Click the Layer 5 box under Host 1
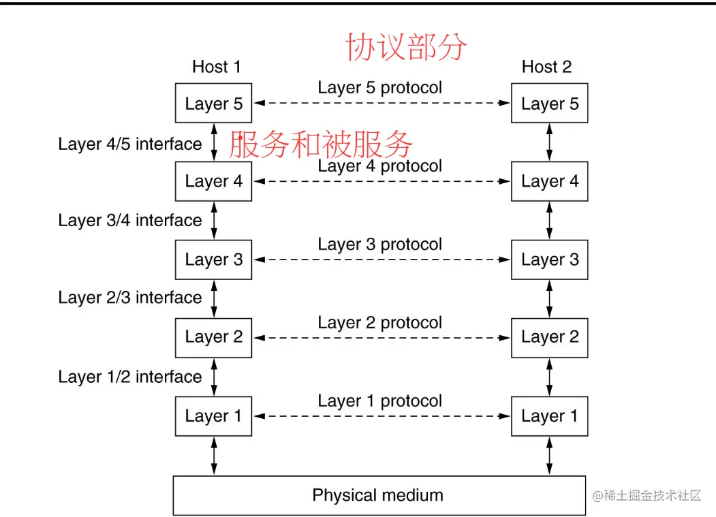pyautogui.click(x=213, y=104)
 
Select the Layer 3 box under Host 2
pyautogui.click(x=549, y=260)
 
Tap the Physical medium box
pyautogui.click(x=379, y=495)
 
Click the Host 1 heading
pyautogui.click(x=217, y=67)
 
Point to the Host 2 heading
pyautogui.click(x=546, y=67)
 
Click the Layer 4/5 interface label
pyautogui.click(x=130, y=144)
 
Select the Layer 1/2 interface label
pyautogui.click(x=130, y=377)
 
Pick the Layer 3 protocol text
pyautogui.click(x=379, y=245)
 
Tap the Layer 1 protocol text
pyautogui.click(x=379, y=401)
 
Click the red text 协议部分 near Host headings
pyautogui.click(x=407, y=47)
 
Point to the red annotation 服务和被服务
pyautogui.click(x=320, y=144)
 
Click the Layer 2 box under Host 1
pyautogui.click(x=213, y=337)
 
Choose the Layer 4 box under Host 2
pyautogui.click(x=549, y=181)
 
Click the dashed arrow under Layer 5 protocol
pyautogui.click(x=382, y=104)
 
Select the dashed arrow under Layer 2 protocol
pyautogui.click(x=382, y=337)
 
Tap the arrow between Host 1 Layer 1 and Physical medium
pyautogui.click(x=215, y=456)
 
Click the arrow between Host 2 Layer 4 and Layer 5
pyautogui.click(x=550, y=142)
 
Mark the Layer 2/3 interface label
pyautogui.click(x=130, y=298)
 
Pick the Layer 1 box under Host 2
pyautogui.click(x=549, y=416)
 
